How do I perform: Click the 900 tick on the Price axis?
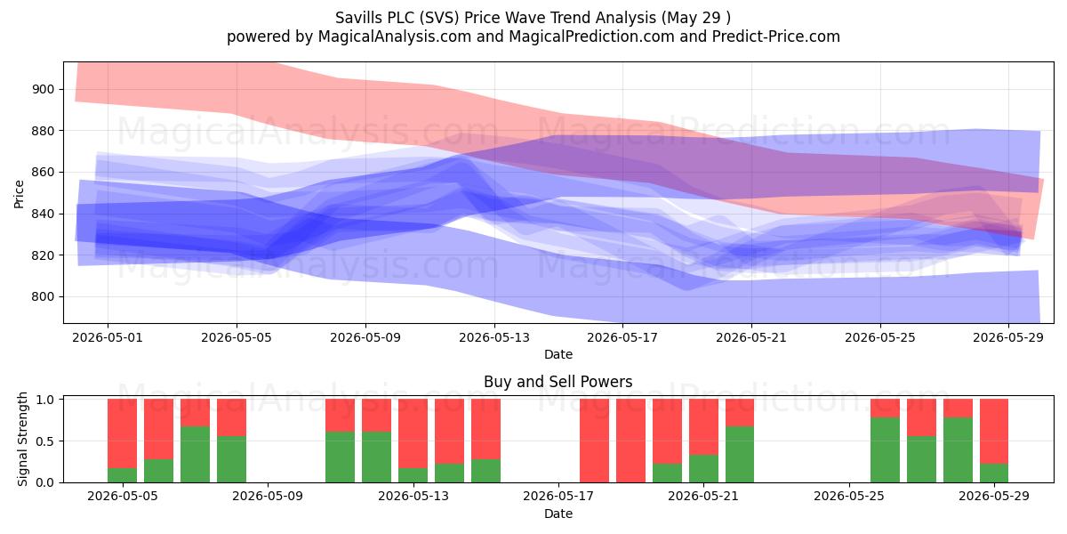[43, 89]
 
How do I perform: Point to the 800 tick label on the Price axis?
[43, 296]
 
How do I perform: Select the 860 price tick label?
[43, 172]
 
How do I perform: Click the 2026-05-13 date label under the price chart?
[494, 337]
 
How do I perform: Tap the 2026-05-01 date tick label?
[108, 337]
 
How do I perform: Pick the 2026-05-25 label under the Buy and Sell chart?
[849, 497]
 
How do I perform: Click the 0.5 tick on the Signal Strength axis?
[44, 441]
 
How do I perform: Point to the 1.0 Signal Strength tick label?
[44, 399]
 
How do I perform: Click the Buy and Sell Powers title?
[558, 382]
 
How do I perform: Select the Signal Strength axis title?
[22, 439]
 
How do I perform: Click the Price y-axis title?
[19, 194]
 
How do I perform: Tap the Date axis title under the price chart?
[558, 354]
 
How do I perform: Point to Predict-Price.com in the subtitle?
[776, 36]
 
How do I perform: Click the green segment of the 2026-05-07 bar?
[196, 455]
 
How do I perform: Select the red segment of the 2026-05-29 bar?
[994, 431]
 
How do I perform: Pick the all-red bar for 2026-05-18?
[630, 441]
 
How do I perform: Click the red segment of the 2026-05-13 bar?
[413, 433]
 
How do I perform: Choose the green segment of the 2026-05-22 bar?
[740, 455]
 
